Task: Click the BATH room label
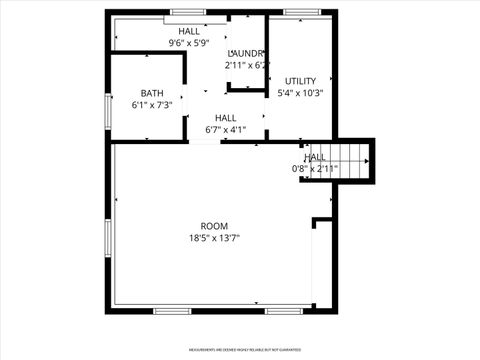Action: click(152, 93)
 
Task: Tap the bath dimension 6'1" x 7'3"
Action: click(152, 104)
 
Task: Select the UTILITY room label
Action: click(300, 81)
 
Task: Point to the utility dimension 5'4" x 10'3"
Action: click(300, 93)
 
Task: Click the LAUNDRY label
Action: click(246, 53)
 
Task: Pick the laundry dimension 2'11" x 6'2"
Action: click(246, 65)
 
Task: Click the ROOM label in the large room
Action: click(214, 226)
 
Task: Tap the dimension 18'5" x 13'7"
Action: click(214, 238)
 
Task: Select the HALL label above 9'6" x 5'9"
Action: click(189, 32)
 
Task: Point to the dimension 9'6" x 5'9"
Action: click(189, 43)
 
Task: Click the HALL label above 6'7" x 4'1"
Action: click(225, 118)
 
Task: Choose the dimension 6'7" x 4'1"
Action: click(225, 129)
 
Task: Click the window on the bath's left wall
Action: click(109, 110)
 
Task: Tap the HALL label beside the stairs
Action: click(315, 157)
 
